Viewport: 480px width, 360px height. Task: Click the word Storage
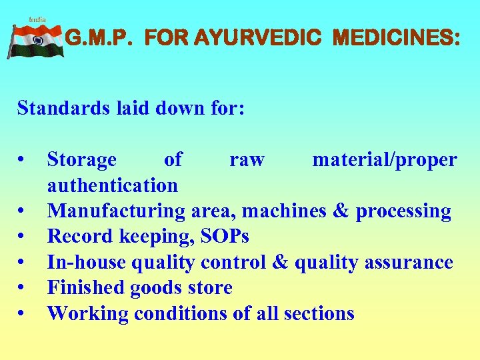click(x=81, y=160)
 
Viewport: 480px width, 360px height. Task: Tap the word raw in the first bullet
click(x=247, y=160)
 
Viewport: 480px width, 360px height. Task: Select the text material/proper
click(x=385, y=160)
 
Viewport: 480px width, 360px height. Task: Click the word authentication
click(x=112, y=185)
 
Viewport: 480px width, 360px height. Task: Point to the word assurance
click(x=411, y=263)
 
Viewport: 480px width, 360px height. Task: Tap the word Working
click(x=85, y=313)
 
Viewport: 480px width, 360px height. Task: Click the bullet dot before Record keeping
click(x=23, y=237)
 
